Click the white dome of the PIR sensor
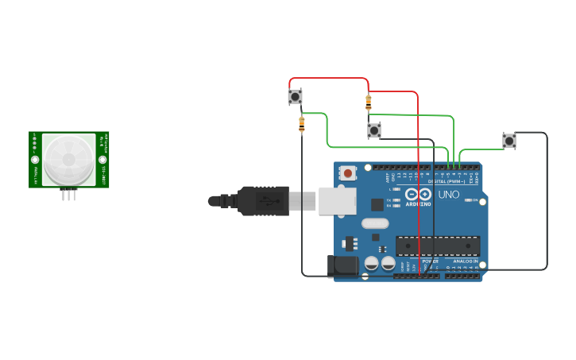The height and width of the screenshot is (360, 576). (x=68, y=160)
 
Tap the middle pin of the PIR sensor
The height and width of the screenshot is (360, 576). (x=69, y=194)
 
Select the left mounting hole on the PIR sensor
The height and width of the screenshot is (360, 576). (x=35, y=160)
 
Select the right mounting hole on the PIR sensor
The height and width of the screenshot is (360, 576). (x=102, y=160)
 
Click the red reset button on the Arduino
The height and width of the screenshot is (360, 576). (x=348, y=172)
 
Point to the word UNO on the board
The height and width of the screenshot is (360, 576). (x=449, y=194)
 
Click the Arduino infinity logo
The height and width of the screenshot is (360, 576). (x=418, y=194)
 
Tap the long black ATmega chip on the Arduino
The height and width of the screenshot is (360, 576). (x=438, y=246)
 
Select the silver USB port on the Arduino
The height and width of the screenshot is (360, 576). (x=337, y=201)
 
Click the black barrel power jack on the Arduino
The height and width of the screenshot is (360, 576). (x=344, y=265)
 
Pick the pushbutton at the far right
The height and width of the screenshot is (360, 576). (x=509, y=141)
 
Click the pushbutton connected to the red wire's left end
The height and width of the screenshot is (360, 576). (x=295, y=97)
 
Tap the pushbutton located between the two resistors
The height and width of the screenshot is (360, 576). (x=374, y=130)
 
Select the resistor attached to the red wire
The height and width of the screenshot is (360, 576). (x=368, y=102)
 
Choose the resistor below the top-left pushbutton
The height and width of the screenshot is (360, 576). (x=301, y=123)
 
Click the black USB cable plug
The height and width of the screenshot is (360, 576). (x=262, y=201)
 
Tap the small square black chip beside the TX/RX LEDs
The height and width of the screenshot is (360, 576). (x=377, y=204)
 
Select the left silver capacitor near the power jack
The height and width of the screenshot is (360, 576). (x=371, y=262)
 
